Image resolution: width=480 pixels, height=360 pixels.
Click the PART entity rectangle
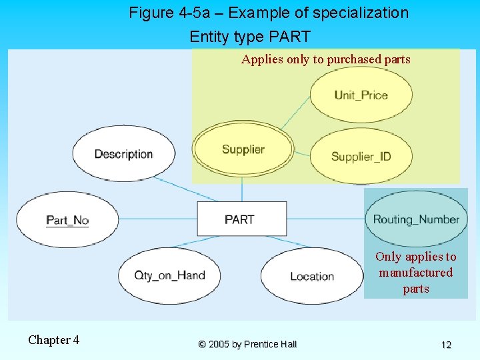pyautogui.click(x=239, y=219)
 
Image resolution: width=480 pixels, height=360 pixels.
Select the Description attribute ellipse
pyautogui.click(x=123, y=154)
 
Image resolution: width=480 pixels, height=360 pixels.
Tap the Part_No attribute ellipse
pyautogui.click(x=67, y=219)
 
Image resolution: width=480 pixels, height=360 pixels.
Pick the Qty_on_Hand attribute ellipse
pyautogui.click(x=169, y=275)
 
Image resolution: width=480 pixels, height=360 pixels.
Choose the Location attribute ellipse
pyautogui.click(x=311, y=276)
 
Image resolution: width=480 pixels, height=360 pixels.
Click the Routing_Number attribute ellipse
pyautogui.click(x=416, y=219)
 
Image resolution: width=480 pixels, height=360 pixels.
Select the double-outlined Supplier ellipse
pyautogui.click(x=243, y=149)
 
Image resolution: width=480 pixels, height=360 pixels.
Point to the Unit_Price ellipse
pyautogui.click(x=361, y=95)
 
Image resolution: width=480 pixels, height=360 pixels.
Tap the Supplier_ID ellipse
pyautogui.click(x=361, y=157)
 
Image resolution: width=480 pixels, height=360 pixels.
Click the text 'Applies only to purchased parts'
pyautogui.click(x=326, y=59)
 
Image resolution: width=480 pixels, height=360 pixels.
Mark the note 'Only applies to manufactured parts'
pyautogui.click(x=416, y=273)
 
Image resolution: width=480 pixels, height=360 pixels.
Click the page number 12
pyautogui.click(x=446, y=345)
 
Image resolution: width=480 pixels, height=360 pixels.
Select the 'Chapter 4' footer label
pyautogui.click(x=53, y=340)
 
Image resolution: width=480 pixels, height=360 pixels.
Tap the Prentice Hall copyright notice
pyautogui.click(x=247, y=344)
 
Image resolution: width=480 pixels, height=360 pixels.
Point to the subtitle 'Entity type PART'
pyautogui.click(x=250, y=36)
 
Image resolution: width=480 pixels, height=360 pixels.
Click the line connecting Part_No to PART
pyautogui.click(x=157, y=219)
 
